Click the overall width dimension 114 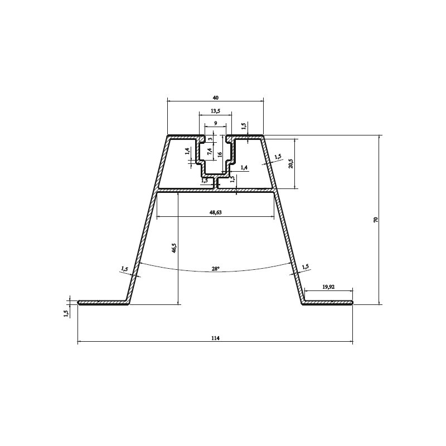coord(215,337)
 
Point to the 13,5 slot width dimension coord(215,111)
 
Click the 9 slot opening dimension coord(215,123)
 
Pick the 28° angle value coord(215,269)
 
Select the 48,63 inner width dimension coord(215,212)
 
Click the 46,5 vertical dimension coord(174,248)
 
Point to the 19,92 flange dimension coord(328,287)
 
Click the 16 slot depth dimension coord(220,154)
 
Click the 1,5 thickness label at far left coord(66,313)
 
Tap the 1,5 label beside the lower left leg coord(124,269)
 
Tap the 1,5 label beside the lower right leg coord(305,267)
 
